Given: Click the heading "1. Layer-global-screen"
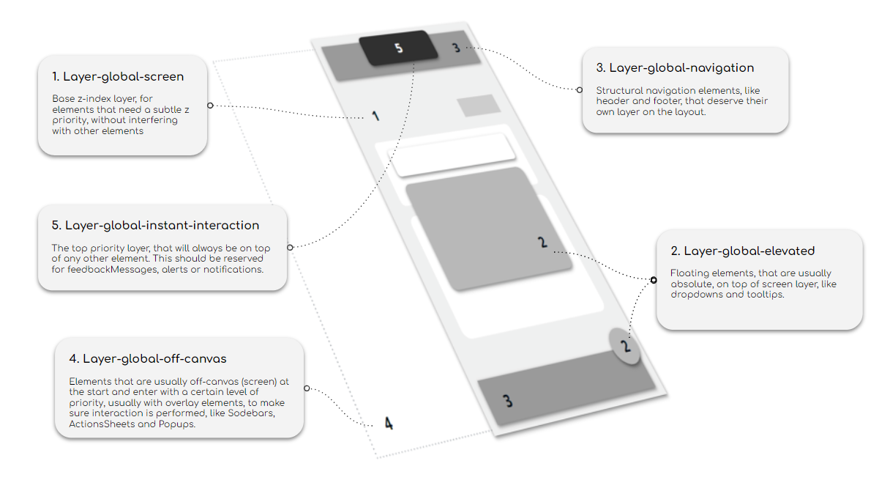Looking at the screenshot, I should pyautogui.click(x=118, y=76).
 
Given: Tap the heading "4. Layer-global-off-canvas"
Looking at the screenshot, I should pyautogui.click(x=147, y=358).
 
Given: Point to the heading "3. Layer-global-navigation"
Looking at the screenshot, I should pyautogui.click(x=674, y=67).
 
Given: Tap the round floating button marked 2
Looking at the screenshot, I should pyautogui.click(x=625, y=345).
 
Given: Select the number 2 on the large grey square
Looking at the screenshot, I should pyautogui.click(x=542, y=242).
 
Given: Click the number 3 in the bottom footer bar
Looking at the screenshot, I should pyautogui.click(x=507, y=401).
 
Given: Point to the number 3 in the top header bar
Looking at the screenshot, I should pyautogui.click(x=456, y=48).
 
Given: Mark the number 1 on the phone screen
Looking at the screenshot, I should pyautogui.click(x=375, y=116).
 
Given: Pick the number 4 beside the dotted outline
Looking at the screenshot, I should pyautogui.click(x=389, y=424).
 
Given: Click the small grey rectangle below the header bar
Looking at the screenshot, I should pyautogui.click(x=478, y=106).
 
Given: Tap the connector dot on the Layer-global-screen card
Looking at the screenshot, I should pyautogui.click(x=210, y=106).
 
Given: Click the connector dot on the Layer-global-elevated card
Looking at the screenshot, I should pyautogui.click(x=654, y=279).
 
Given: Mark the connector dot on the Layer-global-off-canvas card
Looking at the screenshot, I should pyautogui.click(x=307, y=388).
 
